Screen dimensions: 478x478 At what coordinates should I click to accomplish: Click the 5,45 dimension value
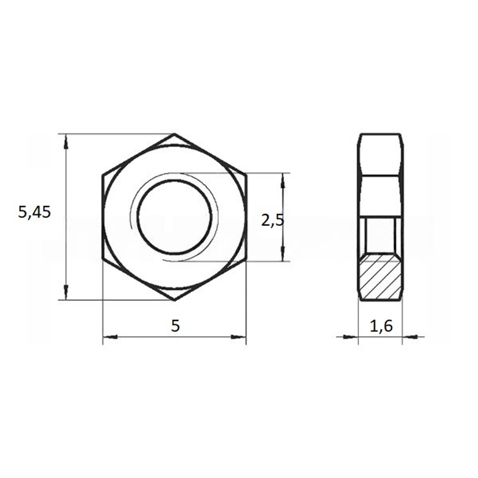[x=34, y=212]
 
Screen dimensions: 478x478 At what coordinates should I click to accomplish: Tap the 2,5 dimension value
[x=272, y=220]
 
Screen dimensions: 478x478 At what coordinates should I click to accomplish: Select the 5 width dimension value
[x=175, y=326]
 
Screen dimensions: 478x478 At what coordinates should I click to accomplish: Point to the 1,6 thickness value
[x=381, y=326]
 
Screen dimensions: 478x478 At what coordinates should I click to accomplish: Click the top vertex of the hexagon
[x=174, y=134]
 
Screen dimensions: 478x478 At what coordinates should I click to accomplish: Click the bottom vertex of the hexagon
[x=174, y=300]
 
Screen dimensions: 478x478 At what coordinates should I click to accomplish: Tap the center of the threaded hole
[x=174, y=217]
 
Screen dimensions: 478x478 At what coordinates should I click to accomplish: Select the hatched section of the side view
[x=380, y=276]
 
